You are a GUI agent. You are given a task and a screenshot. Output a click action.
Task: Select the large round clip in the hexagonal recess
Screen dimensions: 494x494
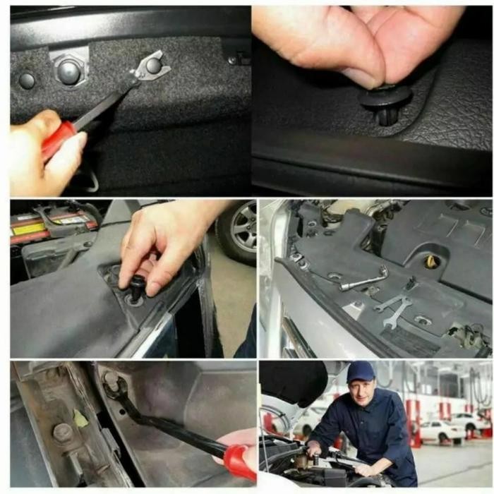[x=69, y=72]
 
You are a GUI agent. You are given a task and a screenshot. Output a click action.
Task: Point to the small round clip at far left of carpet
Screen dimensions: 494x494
[x=27, y=80]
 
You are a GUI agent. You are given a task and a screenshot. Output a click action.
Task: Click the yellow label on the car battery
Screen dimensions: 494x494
[x=28, y=230]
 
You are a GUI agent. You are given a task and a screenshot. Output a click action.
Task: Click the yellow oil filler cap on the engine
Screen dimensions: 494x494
[x=432, y=262]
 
